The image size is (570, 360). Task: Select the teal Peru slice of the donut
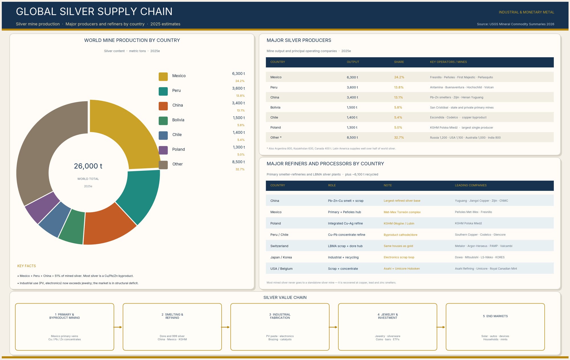140,194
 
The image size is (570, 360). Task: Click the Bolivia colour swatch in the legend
163,120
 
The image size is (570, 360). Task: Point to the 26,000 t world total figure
88,166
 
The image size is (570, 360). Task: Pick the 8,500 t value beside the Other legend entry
239,162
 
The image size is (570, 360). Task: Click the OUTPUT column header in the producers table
353,62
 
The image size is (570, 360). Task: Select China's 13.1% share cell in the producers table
398,97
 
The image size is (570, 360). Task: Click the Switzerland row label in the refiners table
279,246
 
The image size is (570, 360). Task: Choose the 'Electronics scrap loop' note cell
399,257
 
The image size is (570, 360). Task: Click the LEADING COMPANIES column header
471,185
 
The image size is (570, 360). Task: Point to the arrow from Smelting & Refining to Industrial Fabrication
226,327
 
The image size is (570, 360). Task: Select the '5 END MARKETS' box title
495,316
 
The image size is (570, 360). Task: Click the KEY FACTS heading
27,266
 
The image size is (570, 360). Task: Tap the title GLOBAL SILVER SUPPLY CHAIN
94,11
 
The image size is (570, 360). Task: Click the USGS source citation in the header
516,24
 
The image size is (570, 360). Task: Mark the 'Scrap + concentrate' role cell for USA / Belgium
343,269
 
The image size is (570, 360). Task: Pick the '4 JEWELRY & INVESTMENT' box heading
388,316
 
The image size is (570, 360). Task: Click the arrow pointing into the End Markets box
441,327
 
